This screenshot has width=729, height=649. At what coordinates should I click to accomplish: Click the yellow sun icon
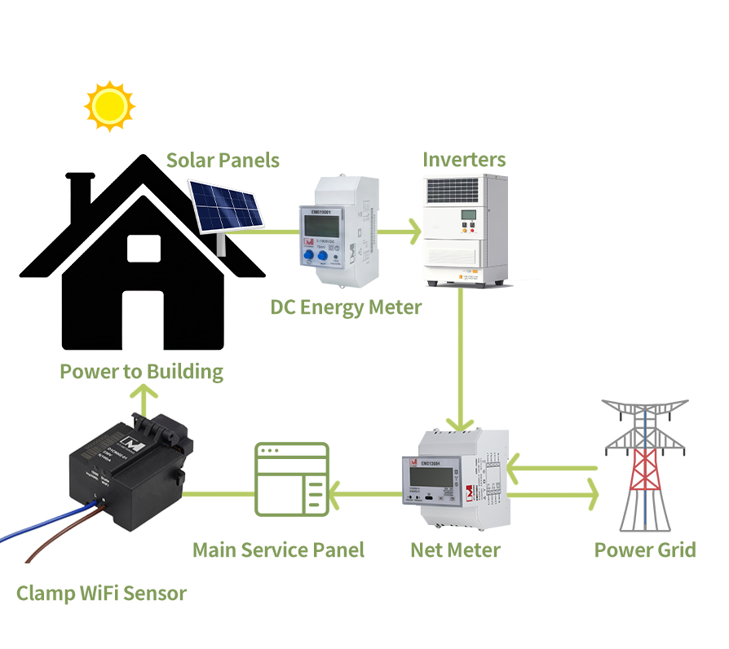click(109, 105)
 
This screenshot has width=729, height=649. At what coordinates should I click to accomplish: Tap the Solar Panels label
click(223, 160)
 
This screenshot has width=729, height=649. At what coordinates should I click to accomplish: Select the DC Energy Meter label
click(346, 307)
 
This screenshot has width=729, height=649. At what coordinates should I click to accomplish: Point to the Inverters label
click(464, 159)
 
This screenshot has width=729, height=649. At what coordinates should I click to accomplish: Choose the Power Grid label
click(644, 550)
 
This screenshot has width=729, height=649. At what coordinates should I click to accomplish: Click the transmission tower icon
click(645, 461)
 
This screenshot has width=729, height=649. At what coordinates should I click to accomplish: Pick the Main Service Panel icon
click(291, 479)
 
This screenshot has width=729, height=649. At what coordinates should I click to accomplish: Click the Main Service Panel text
click(278, 550)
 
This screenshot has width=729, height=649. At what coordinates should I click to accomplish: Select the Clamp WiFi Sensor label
click(101, 593)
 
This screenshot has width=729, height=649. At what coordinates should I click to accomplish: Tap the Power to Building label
click(141, 372)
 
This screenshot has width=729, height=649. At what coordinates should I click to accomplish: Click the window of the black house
click(144, 248)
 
